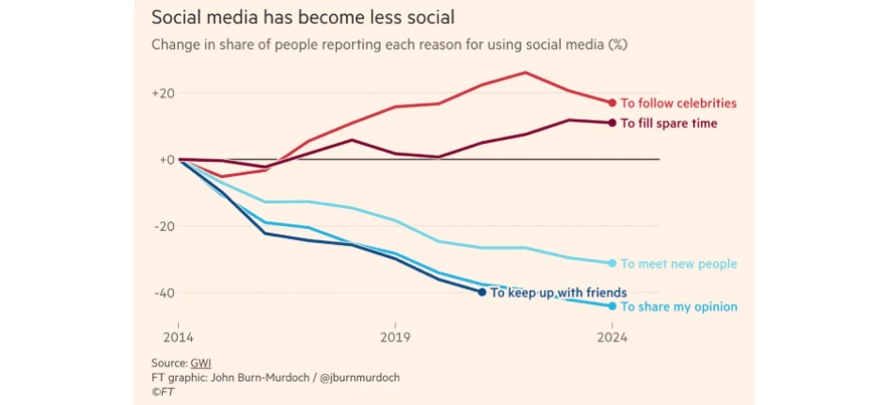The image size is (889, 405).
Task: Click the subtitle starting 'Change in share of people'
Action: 389,44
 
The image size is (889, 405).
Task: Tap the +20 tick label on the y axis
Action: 164,93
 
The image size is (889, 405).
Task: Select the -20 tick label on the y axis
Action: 164,226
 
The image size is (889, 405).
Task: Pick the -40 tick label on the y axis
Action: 164,292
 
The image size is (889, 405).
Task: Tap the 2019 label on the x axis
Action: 395,337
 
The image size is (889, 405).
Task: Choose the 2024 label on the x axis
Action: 612,337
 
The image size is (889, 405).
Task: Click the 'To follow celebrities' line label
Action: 678,104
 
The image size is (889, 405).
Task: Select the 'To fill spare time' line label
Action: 669,123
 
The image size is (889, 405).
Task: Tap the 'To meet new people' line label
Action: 678,264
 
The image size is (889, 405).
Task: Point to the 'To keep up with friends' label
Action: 559,293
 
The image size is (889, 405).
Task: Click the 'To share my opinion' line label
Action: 678,307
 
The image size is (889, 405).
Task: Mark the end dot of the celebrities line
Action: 612,103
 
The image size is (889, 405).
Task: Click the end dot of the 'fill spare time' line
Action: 612,122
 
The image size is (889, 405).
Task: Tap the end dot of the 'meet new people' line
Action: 612,263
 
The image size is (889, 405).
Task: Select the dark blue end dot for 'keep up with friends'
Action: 482,292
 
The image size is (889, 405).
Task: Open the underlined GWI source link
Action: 201,363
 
